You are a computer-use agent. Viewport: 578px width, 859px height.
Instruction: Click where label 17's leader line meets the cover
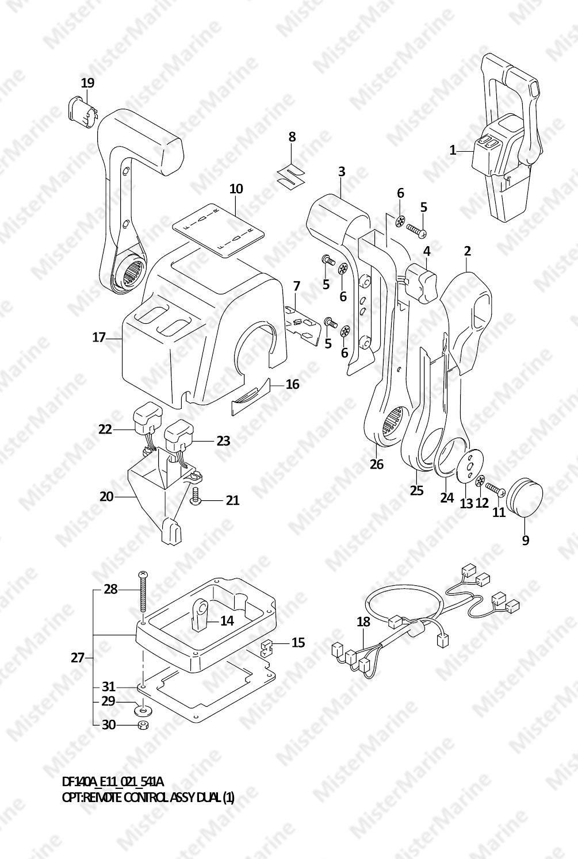123,339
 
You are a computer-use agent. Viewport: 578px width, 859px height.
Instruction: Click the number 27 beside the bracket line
78,658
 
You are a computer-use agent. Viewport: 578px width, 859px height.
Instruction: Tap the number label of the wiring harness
363,622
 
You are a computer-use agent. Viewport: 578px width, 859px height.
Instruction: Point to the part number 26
377,465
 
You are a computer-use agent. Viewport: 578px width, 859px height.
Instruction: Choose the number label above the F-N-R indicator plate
236,189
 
